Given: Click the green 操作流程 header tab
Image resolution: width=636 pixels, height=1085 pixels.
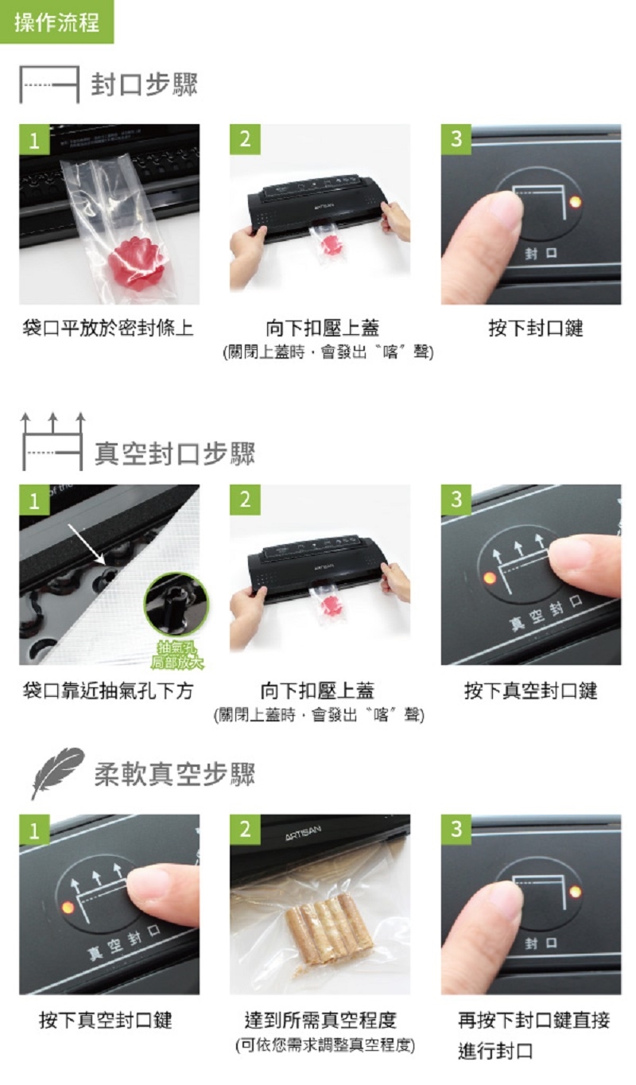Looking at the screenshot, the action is coord(56,21).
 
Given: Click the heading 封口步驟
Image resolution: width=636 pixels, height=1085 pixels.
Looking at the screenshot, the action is coord(144,85).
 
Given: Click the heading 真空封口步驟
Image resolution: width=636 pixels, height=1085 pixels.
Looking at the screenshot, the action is coord(174,453).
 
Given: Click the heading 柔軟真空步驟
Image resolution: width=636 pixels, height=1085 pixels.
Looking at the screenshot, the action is coord(174,773).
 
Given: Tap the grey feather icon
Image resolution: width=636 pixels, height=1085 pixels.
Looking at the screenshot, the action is coord(56,772).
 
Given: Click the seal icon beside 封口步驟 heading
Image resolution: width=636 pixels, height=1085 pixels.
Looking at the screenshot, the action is coord(48,85).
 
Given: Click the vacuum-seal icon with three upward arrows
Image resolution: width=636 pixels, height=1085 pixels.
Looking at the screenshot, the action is coord(52,441).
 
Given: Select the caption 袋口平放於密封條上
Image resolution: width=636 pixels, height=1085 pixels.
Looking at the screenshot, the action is coord(107,329).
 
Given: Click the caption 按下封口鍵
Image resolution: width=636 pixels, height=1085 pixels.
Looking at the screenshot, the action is coord(535,329).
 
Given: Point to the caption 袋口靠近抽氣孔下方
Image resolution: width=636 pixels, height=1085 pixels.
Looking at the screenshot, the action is coord(107,690).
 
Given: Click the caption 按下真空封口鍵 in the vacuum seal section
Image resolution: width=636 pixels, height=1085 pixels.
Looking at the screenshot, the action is coord(530,690).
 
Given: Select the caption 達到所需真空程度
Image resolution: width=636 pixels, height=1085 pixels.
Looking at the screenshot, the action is coord(320,1020).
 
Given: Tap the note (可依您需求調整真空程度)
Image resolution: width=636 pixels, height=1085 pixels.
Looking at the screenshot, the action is coord(325,1045).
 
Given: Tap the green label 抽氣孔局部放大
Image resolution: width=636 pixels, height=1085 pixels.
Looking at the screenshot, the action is coord(176,655).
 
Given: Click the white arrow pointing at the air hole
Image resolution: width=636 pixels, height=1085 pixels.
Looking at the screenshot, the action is coord(87,544).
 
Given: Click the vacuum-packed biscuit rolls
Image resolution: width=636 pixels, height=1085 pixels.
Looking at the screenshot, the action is coord(329,928).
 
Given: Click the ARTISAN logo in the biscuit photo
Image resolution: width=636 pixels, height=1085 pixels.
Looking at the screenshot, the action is coord(303,833).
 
